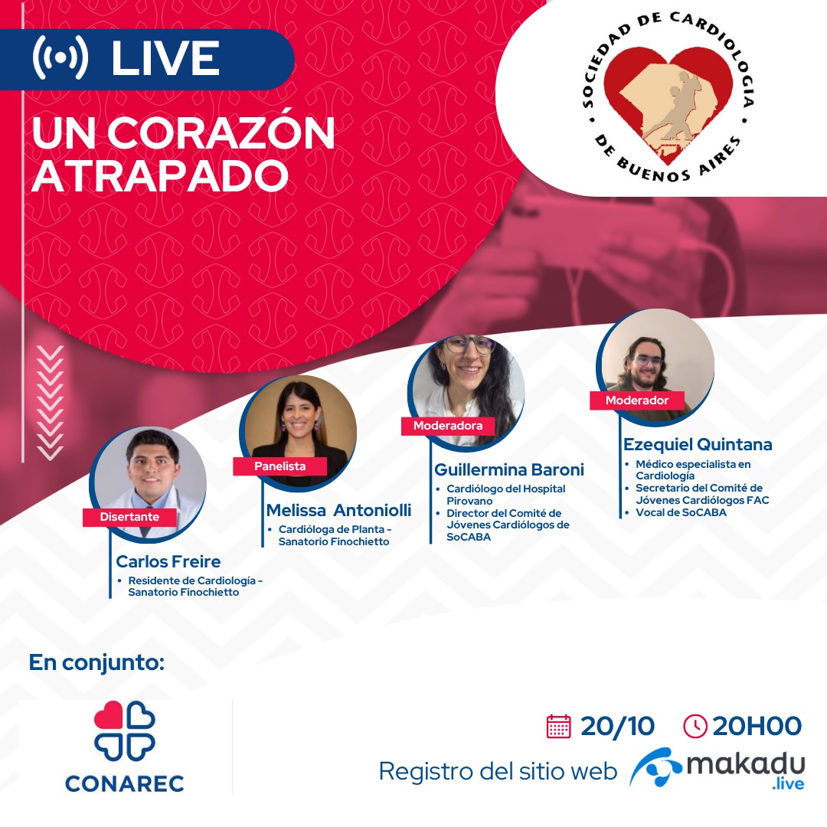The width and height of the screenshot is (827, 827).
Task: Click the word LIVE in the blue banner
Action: point(165,58)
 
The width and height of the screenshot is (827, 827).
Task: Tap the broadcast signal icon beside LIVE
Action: point(60,57)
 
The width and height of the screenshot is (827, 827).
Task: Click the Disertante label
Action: point(129,517)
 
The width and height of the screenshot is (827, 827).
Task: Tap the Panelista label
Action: point(280,466)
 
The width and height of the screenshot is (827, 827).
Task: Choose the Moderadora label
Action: point(448,426)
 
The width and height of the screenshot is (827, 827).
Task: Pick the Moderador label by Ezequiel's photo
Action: point(637,400)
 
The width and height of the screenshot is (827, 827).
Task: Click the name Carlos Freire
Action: point(168,561)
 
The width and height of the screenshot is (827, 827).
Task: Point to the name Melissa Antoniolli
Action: point(338,510)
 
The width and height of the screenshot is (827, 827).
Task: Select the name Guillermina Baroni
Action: point(509,469)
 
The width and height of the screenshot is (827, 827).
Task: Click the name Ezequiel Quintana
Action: point(698,445)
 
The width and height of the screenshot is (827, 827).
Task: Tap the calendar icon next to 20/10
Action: point(559,726)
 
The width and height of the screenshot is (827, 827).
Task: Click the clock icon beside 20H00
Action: point(695,726)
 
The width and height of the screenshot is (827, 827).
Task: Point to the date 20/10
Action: point(618,726)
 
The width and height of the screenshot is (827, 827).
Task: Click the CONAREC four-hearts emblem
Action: point(125,731)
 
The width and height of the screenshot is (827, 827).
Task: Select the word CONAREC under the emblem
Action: point(125,784)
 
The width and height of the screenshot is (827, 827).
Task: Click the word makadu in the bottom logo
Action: point(746,764)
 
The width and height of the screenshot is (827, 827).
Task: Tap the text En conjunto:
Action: point(96,663)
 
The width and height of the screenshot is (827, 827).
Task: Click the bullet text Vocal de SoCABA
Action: point(681,512)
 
